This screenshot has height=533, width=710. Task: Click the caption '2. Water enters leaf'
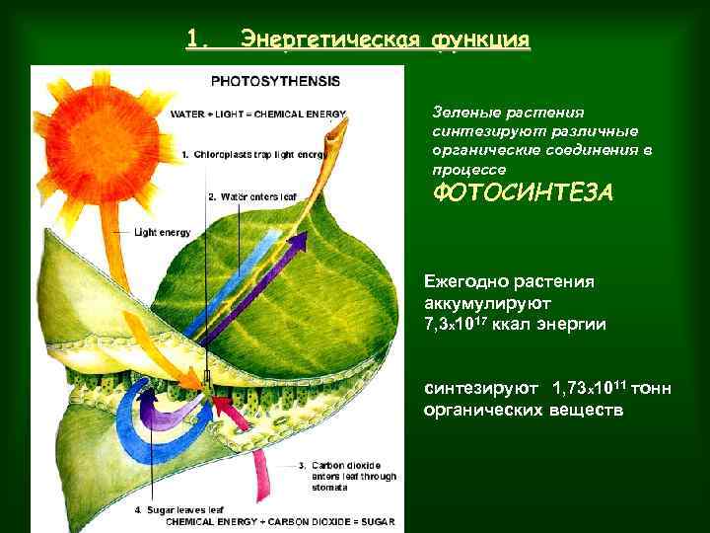253,196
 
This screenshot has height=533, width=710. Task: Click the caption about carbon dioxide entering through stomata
353,476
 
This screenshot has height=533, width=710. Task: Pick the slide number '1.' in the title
198,39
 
